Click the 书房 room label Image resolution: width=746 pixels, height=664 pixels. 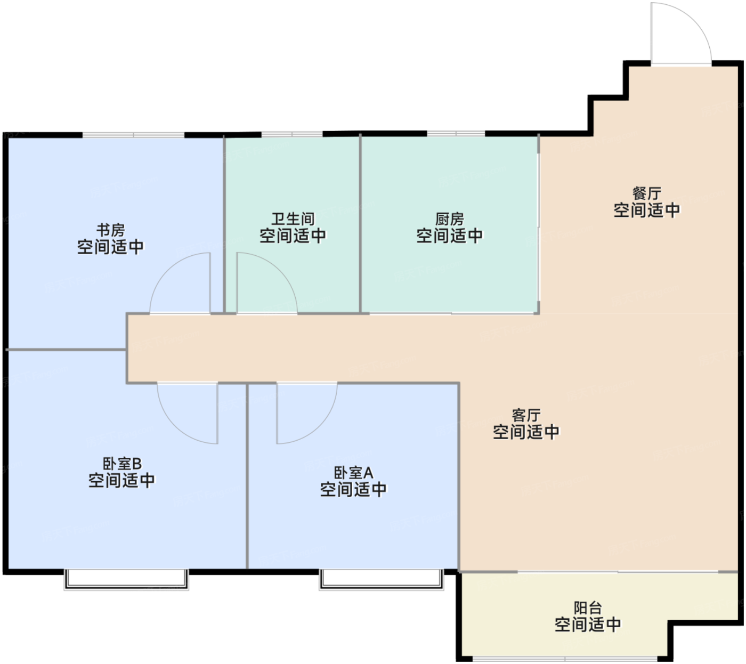click(x=110, y=231)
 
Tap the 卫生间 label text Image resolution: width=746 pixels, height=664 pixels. click(x=293, y=220)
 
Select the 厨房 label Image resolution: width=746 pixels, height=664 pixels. click(x=449, y=220)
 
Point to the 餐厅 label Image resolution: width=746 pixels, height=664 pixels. click(x=646, y=194)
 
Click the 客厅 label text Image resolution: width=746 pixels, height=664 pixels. click(x=526, y=416)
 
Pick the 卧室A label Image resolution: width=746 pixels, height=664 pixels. click(x=353, y=473)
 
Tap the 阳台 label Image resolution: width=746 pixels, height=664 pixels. click(x=588, y=608)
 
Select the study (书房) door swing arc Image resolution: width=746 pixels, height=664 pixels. click(x=167, y=271)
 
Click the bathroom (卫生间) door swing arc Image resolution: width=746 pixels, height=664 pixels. click(x=280, y=271)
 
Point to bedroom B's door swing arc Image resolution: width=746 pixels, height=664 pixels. click(x=175, y=426)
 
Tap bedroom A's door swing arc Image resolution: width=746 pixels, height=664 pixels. click(x=319, y=426)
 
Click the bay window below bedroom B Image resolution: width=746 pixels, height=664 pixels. click(x=126, y=580)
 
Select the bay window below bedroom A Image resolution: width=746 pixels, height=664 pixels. click(x=382, y=580)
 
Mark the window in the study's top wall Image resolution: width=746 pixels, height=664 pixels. click(x=133, y=135)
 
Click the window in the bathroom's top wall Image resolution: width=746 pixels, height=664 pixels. click(x=292, y=134)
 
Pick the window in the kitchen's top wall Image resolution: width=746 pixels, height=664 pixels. click(x=456, y=133)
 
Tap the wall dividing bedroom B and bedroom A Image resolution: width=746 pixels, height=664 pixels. click(x=247, y=477)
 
